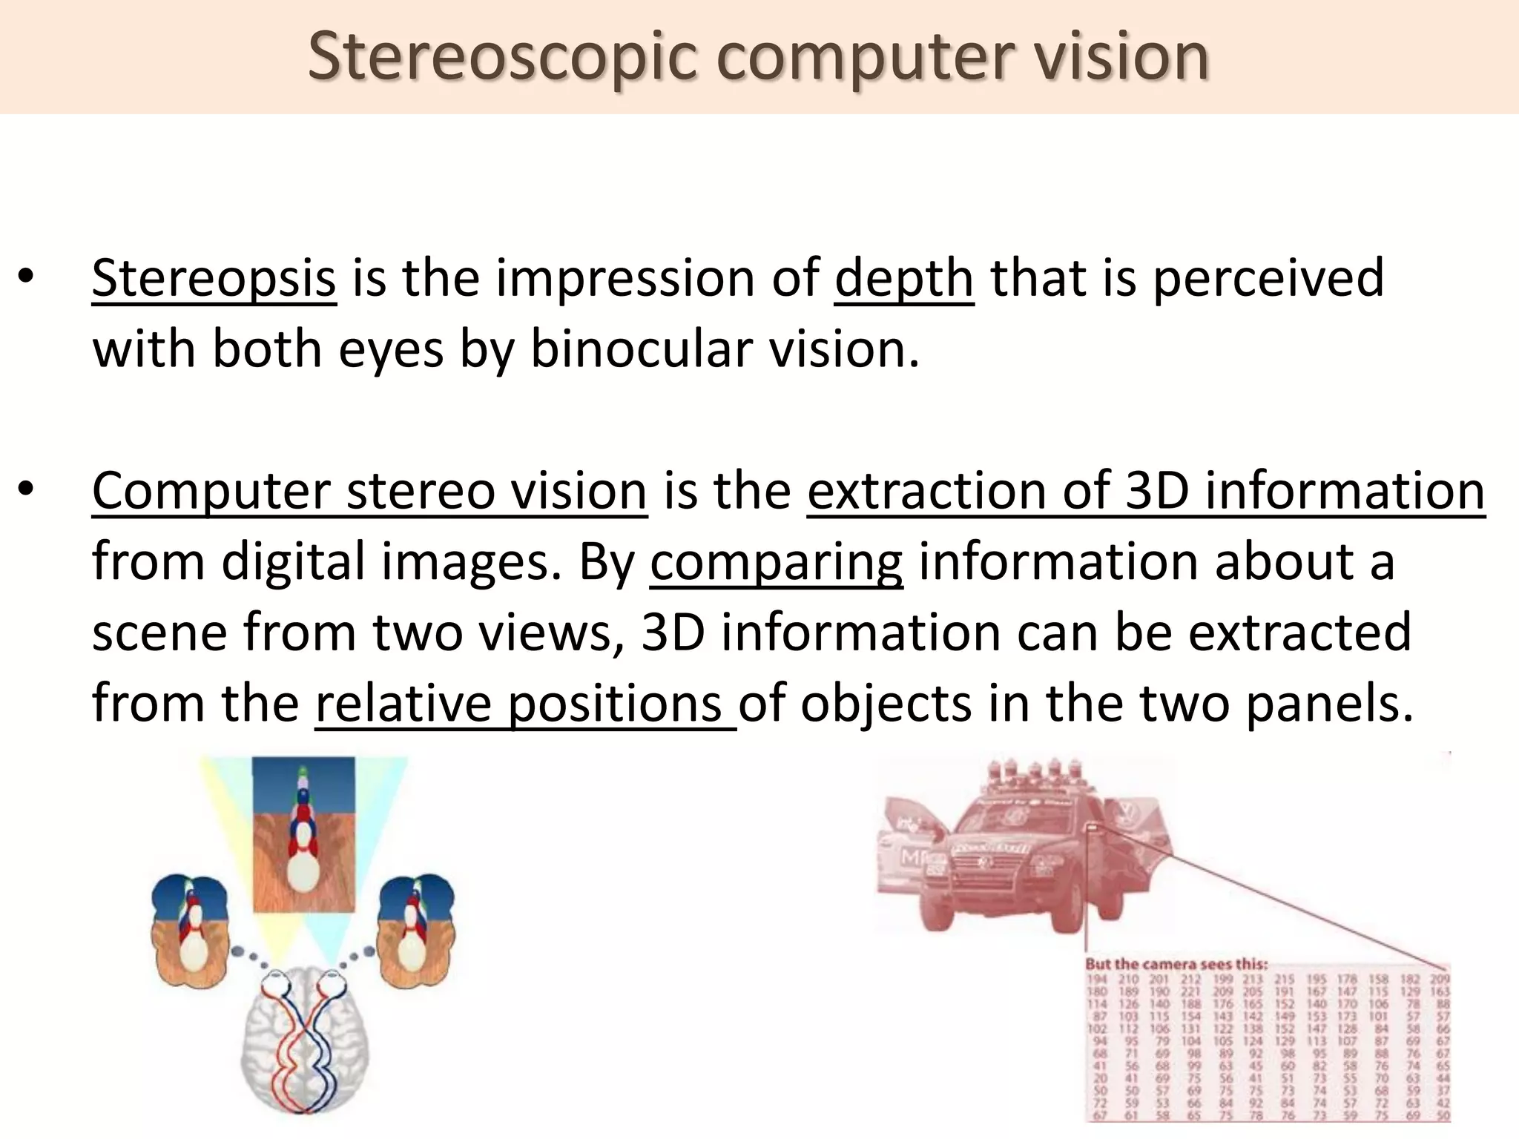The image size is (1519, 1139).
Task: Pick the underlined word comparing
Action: click(776, 562)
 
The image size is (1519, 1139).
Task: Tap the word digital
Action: click(294, 561)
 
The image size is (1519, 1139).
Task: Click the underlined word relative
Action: click(403, 703)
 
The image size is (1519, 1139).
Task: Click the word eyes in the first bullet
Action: click(391, 349)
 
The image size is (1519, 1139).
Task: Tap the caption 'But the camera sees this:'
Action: click(1176, 964)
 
